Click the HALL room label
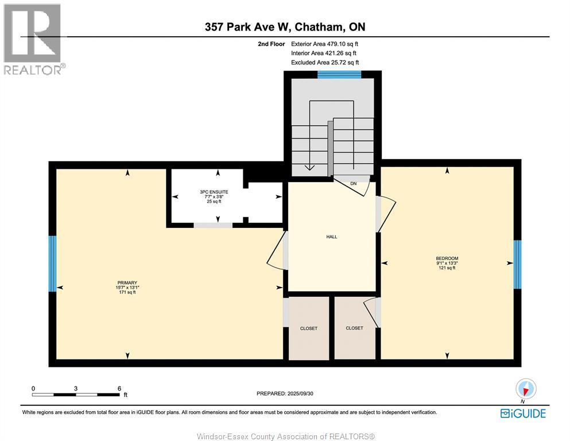(332, 237)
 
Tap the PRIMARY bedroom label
(127, 283)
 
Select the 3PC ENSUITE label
(214, 192)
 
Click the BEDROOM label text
(447, 258)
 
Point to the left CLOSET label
(309, 328)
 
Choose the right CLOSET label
(354, 328)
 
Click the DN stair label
(354, 184)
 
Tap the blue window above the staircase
(339, 75)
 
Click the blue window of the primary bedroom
(52, 264)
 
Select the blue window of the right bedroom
(517, 264)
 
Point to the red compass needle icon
(525, 391)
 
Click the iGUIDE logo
(523, 413)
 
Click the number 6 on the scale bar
(119, 388)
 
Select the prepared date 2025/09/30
(300, 393)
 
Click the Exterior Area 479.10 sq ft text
(325, 44)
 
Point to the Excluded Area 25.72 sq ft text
(325, 63)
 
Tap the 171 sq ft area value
(127, 292)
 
